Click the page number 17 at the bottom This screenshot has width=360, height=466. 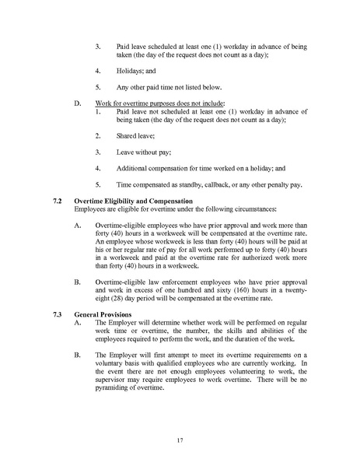(180, 440)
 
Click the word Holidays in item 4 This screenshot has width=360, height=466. (134, 68)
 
